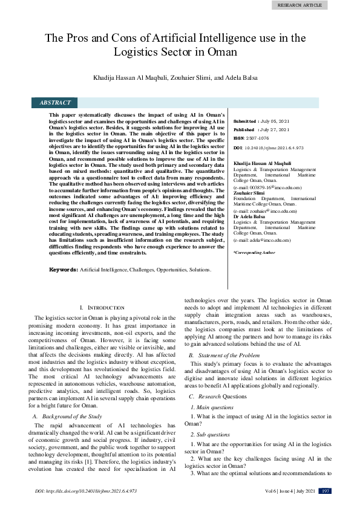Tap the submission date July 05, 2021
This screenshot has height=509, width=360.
pos(276,121)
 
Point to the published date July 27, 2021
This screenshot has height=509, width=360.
pos(276,129)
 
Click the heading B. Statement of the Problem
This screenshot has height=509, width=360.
pos(226,354)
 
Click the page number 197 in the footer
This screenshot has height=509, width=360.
pos(325,491)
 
